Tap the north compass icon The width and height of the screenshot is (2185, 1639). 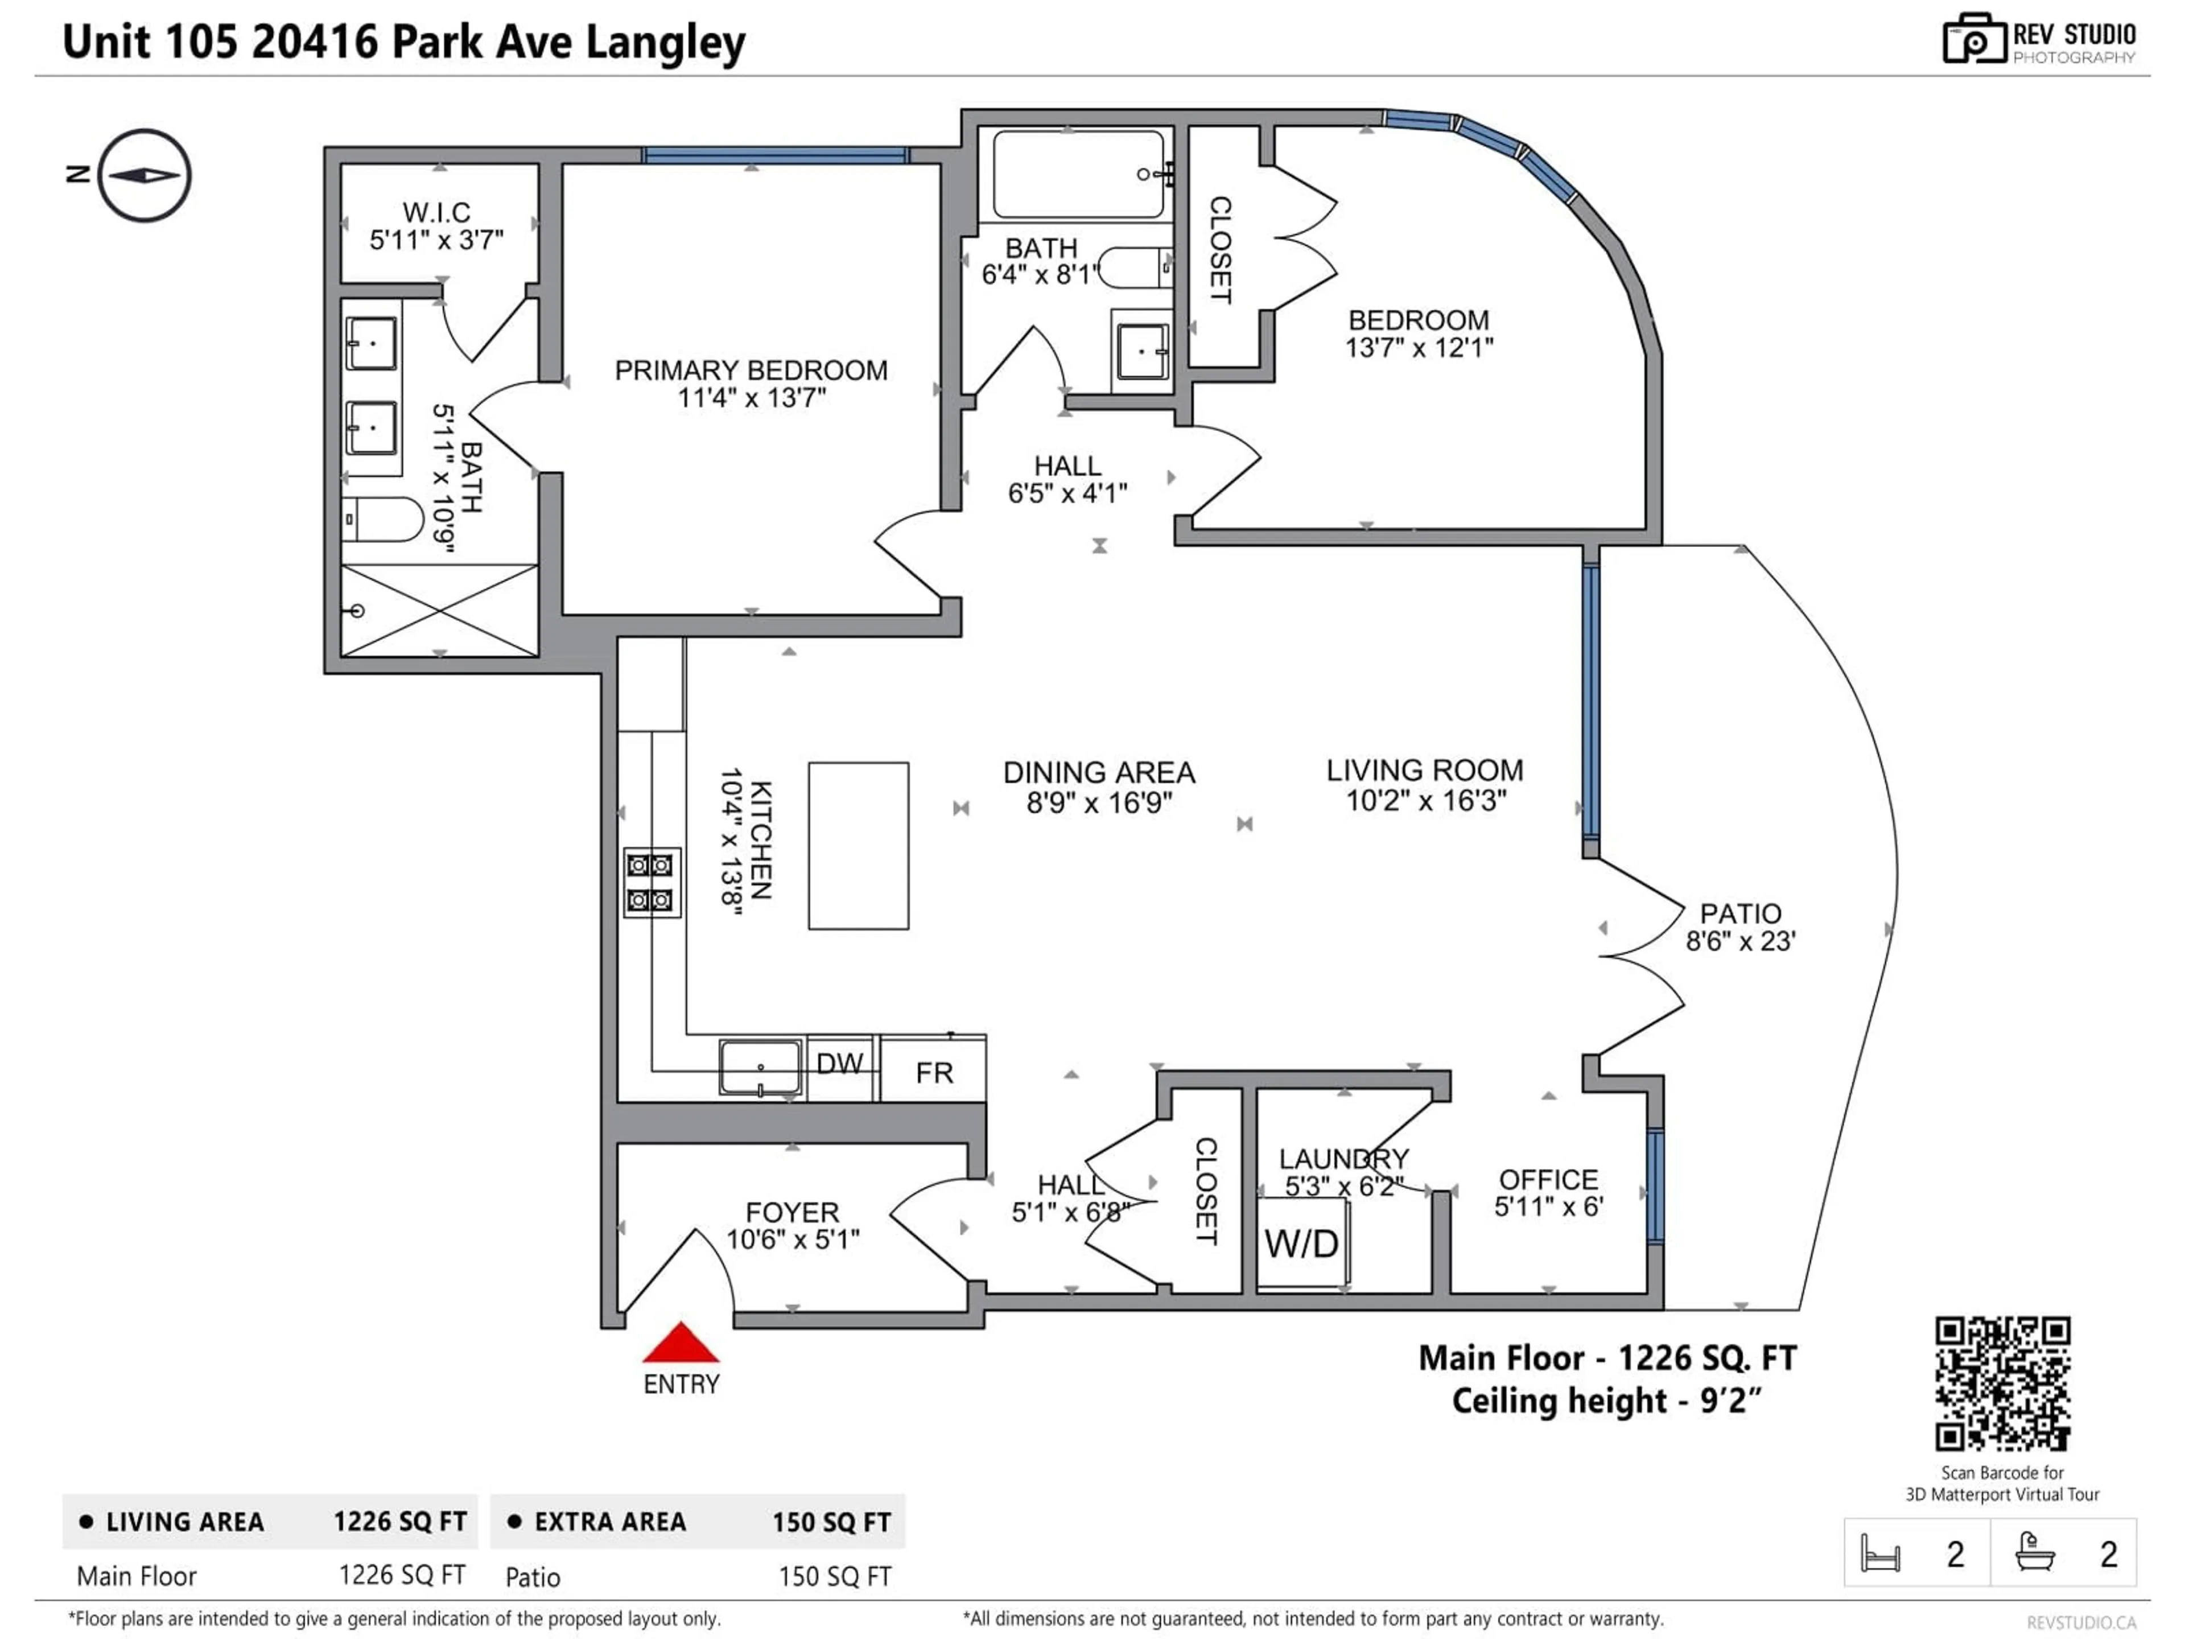pos(144,176)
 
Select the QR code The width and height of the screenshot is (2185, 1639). pos(2002,1383)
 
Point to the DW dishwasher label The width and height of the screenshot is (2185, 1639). pos(840,1064)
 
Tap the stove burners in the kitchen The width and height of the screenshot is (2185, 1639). pos(651,882)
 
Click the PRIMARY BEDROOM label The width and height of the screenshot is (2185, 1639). pos(751,370)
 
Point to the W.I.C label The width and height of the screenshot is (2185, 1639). pos(436,212)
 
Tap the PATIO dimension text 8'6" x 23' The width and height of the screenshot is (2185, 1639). pos(1741,941)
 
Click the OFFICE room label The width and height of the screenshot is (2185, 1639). pos(1548,1180)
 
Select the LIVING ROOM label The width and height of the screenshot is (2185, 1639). pos(1424,771)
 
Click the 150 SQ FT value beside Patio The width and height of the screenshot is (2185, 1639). pos(835,1577)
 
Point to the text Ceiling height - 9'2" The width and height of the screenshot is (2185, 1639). pos(1606,1401)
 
